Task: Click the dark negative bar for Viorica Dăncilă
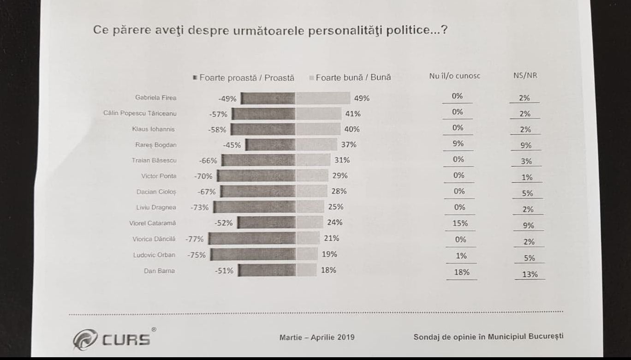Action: [x=252, y=239]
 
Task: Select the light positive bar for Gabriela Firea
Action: [x=322, y=98]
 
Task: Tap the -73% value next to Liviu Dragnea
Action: [x=199, y=208]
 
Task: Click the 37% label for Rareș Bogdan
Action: [x=349, y=144]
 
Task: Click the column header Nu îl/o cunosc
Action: [x=454, y=76]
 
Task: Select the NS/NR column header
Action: [x=525, y=75]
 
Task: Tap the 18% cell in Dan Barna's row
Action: [x=461, y=272]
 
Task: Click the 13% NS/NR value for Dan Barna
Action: [x=530, y=274]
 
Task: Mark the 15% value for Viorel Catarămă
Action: [x=460, y=223]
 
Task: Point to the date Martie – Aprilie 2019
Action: [x=317, y=337]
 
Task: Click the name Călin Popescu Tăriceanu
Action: [x=140, y=114]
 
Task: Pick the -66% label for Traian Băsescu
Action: [x=208, y=161]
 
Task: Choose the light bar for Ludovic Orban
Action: [x=307, y=254]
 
